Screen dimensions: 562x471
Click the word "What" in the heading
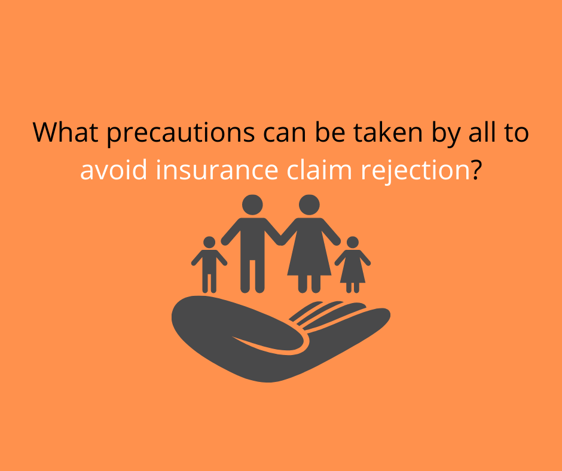coord(66,132)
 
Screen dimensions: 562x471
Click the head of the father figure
coord(252,205)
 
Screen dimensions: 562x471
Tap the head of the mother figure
coord(309,205)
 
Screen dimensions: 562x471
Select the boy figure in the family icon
coord(209,265)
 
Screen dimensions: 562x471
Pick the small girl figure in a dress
coord(353,265)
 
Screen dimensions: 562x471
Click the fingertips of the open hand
coord(380,314)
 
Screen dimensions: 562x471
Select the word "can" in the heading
coord(285,134)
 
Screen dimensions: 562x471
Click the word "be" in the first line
coord(330,132)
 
